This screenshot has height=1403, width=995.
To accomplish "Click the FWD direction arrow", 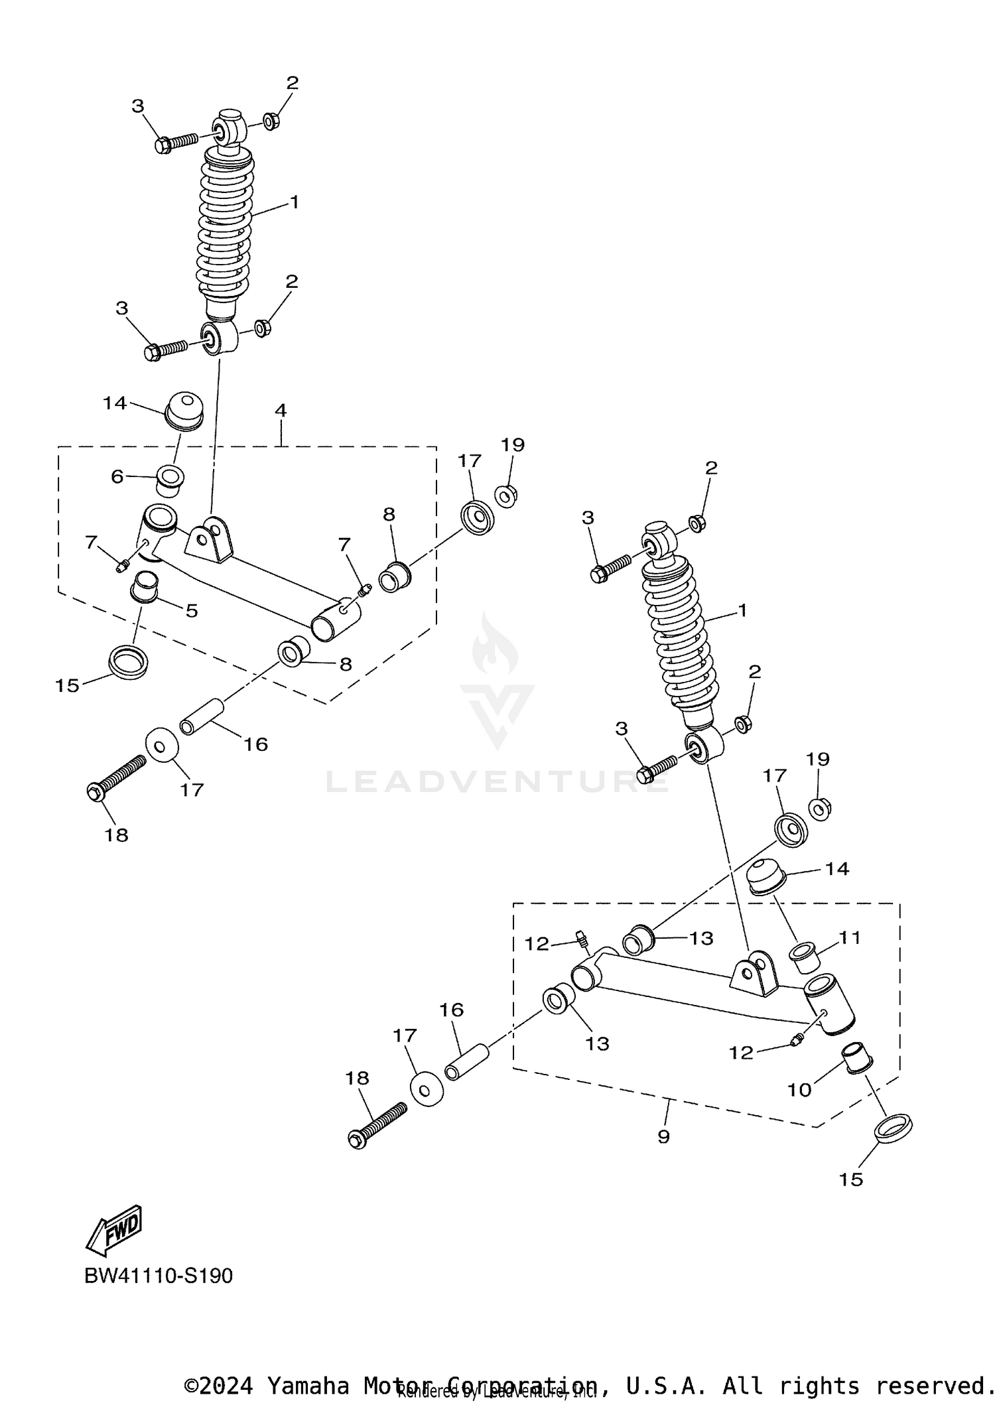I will point(114,1229).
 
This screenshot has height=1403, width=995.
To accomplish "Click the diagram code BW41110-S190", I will point(159,1276).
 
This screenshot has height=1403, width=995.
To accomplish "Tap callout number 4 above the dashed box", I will point(281,411).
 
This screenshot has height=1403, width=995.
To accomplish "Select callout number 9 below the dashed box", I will point(663,1136).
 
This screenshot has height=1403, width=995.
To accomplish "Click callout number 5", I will point(192,610).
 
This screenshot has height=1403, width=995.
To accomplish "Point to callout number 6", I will point(117,476).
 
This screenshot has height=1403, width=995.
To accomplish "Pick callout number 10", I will point(799,1090).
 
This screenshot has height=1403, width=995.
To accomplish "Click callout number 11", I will point(850,937).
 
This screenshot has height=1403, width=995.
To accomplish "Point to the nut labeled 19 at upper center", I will point(506,495).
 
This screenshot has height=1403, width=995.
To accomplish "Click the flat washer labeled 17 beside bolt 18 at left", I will point(161,745).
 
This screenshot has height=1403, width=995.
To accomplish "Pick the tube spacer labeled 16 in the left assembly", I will point(202,717).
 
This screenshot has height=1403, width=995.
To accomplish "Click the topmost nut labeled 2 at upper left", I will point(270,121).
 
